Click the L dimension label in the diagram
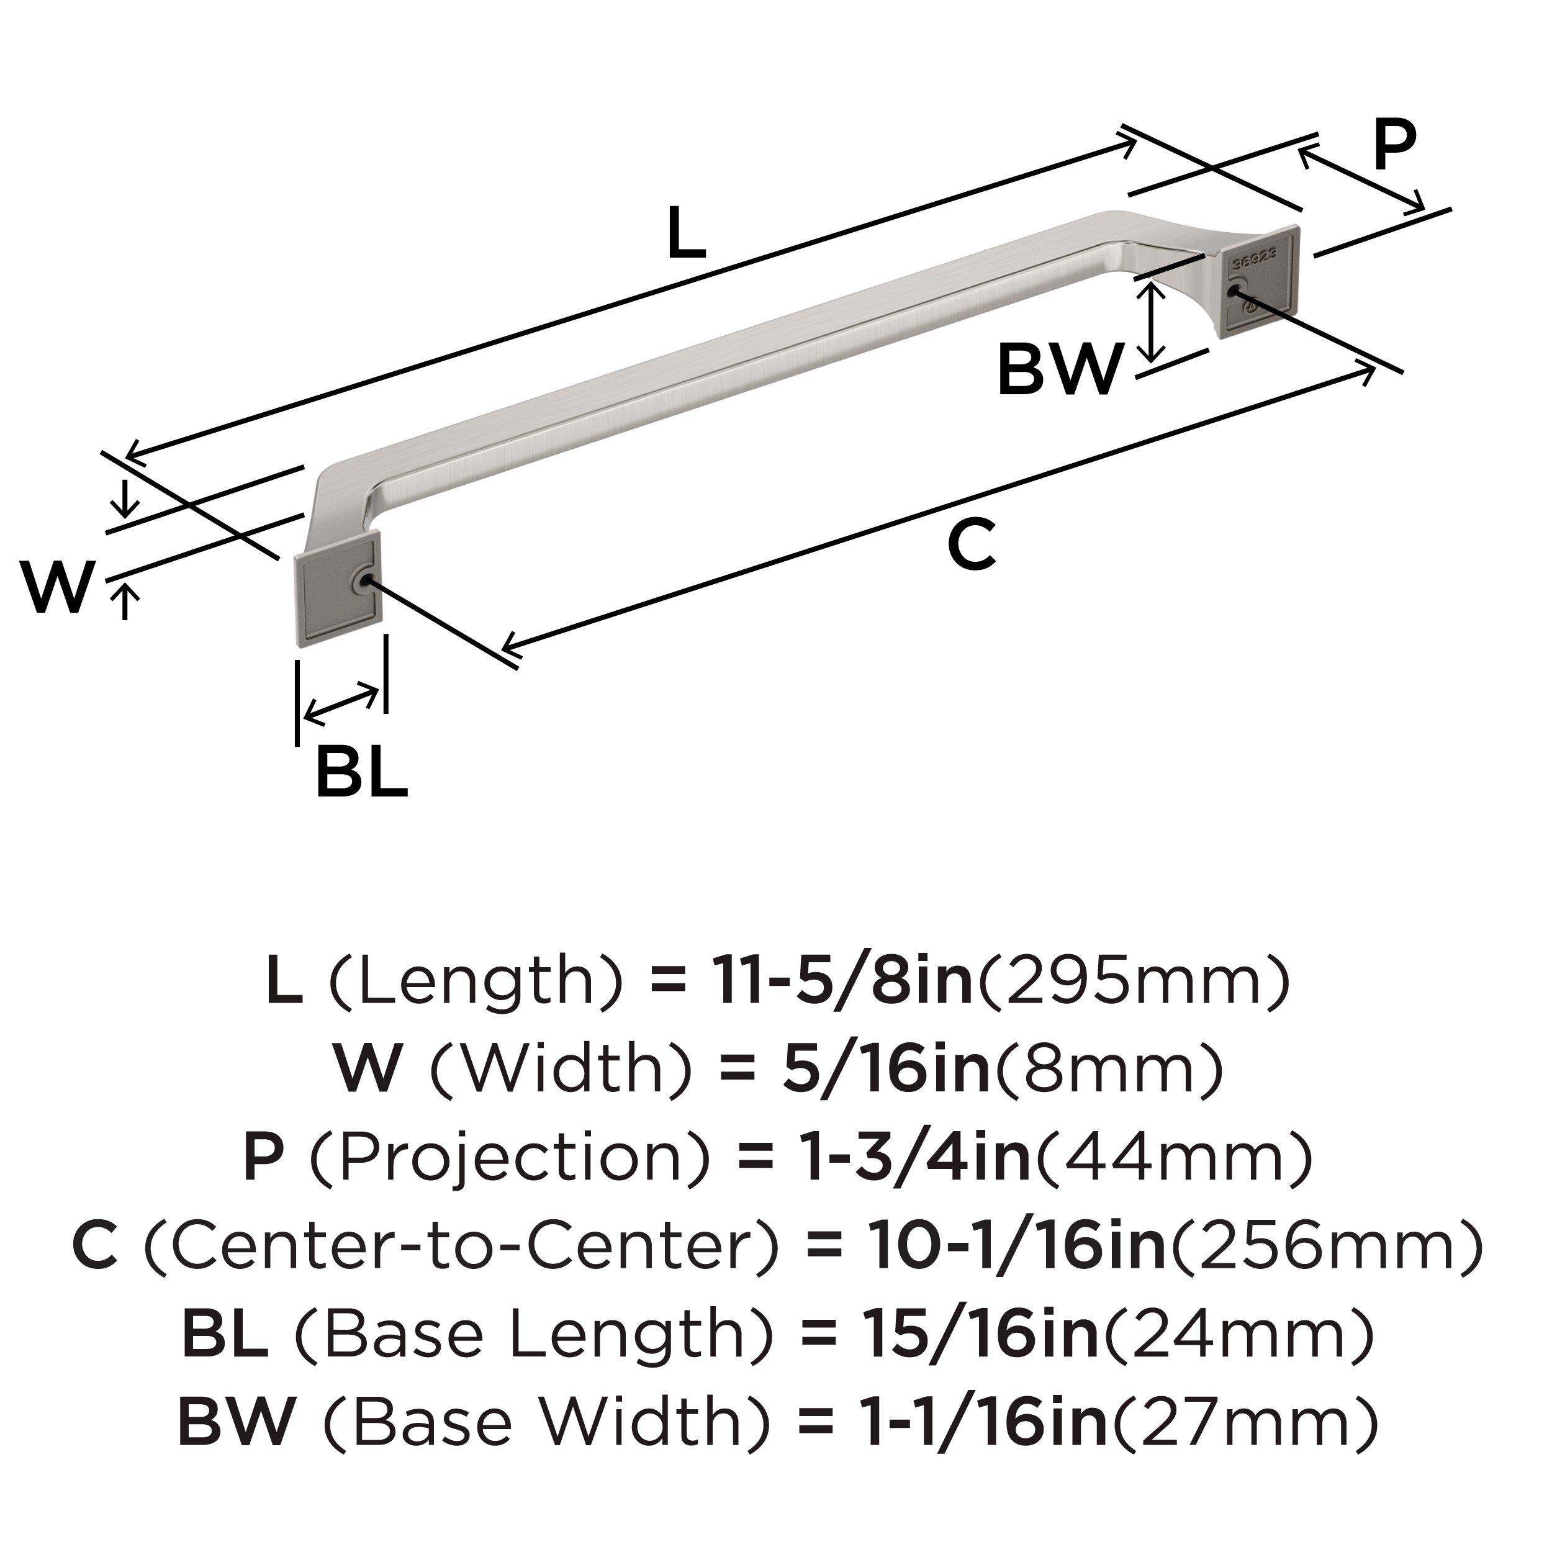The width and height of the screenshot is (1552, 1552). click(x=686, y=233)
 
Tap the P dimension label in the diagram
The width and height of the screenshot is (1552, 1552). click(x=1394, y=145)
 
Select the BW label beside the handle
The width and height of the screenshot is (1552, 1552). click(x=1058, y=369)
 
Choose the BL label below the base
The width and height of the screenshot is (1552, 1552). click(x=361, y=771)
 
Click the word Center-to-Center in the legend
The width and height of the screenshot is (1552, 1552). click(x=461, y=1246)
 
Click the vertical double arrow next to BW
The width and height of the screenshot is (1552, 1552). click(x=1153, y=323)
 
